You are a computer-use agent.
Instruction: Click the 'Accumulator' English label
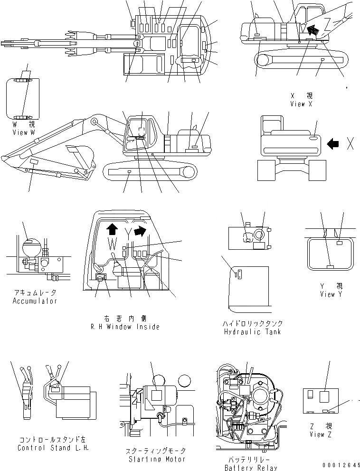[35, 301]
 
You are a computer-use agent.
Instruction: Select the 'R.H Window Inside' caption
[125, 327]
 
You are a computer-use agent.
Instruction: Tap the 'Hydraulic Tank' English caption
[252, 331]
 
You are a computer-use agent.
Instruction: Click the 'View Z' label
[317, 434]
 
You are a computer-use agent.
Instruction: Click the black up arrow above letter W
[112, 230]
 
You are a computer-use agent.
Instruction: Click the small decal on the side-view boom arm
[34, 163]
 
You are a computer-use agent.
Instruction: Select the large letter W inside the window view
[112, 245]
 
